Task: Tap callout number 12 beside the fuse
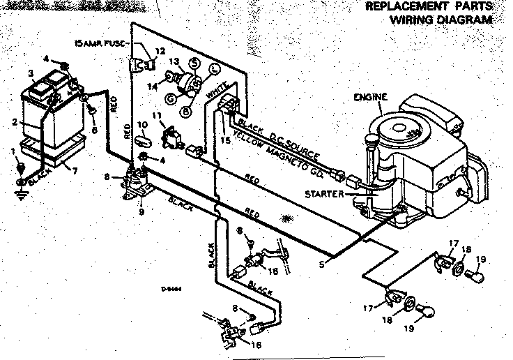(x=160, y=50)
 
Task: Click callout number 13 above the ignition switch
(x=174, y=61)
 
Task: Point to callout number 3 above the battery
(x=31, y=73)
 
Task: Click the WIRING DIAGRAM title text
(x=440, y=20)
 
